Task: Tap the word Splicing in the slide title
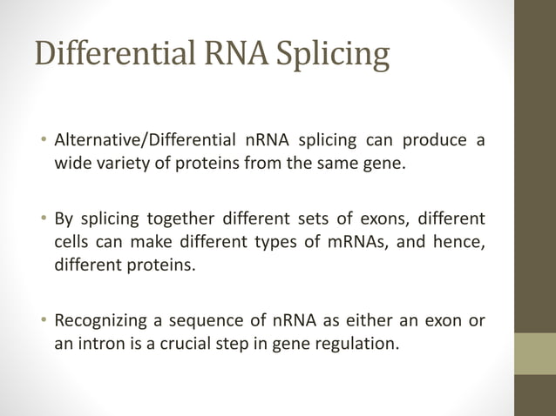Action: pyautogui.click(x=334, y=54)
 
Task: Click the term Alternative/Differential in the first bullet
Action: pyautogui.click(x=145, y=140)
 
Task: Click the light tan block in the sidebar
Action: pyautogui.click(x=534, y=352)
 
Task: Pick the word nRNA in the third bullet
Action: pyautogui.click(x=277, y=321)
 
